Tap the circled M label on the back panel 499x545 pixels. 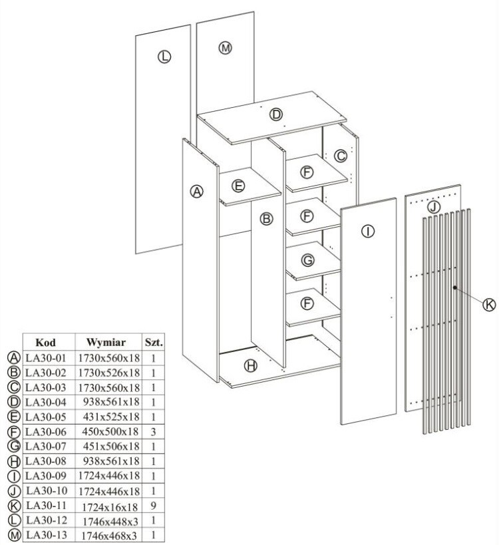click(226, 48)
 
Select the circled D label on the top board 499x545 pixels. click(275, 115)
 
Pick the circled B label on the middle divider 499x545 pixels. click(266, 218)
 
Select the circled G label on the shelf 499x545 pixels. click(307, 260)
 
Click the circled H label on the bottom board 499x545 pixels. click(250, 365)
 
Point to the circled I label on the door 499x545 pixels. click(367, 232)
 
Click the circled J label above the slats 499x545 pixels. click(433, 207)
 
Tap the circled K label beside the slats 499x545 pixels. click(489, 304)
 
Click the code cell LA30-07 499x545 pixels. click(47, 446)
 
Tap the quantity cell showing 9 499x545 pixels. click(153, 504)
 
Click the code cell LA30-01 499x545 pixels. click(47, 358)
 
